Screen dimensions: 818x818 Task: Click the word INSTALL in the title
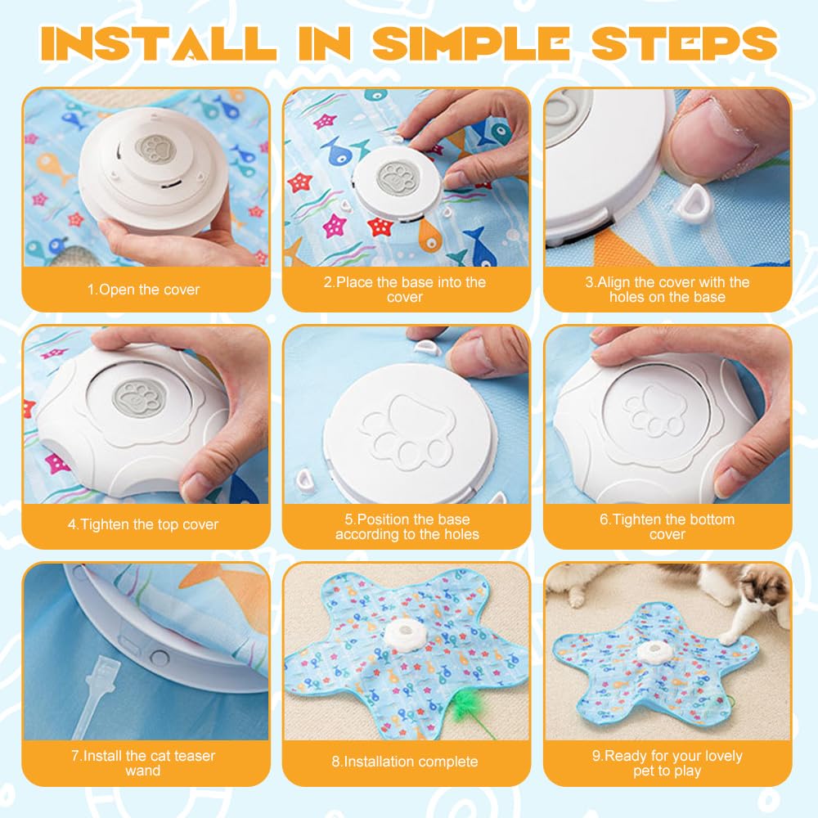click(x=159, y=43)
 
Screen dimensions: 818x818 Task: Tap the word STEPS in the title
click(x=685, y=43)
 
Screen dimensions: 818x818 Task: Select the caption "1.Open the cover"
click(x=143, y=290)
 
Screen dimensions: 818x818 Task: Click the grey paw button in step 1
click(x=155, y=150)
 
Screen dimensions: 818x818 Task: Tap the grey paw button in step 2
click(x=397, y=178)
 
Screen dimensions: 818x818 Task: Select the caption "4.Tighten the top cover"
click(x=143, y=524)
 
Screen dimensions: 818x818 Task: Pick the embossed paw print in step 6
click(x=655, y=411)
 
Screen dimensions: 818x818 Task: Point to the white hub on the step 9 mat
click(x=651, y=652)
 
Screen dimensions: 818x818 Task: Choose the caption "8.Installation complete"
click(x=405, y=762)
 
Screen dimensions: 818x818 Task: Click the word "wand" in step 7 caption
click(x=143, y=771)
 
